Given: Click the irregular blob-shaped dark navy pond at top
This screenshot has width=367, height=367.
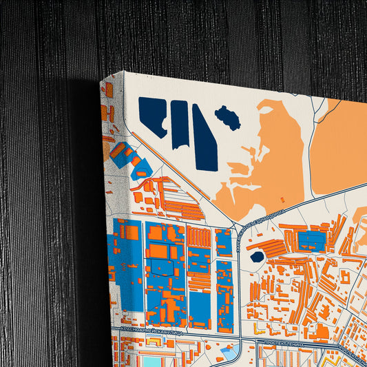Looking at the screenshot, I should (228, 118).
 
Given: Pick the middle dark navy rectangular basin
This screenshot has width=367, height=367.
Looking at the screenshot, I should (180, 124).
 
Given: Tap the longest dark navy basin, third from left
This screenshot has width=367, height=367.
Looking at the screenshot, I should (205, 138).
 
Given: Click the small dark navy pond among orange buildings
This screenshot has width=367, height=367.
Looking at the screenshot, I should (257, 257).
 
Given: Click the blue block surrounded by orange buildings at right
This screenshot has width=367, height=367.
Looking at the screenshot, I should (311, 240).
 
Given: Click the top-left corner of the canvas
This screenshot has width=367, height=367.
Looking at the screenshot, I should (101, 81).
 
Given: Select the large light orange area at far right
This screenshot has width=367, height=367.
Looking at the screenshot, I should (339, 145).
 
